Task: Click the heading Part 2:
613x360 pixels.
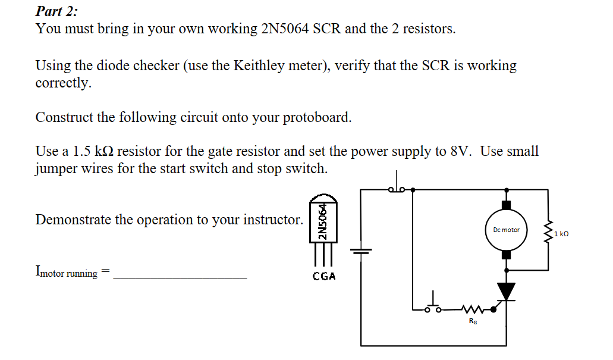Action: (x=56, y=11)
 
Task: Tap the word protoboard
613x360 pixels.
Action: (x=316, y=117)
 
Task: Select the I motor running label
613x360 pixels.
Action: (x=67, y=273)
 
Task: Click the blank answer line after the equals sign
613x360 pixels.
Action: (x=180, y=277)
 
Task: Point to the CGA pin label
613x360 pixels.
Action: (x=324, y=276)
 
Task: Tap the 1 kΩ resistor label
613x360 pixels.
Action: (x=561, y=234)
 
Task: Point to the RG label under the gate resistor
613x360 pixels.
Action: (x=473, y=321)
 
